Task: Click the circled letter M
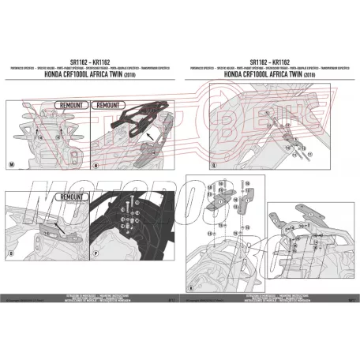11,164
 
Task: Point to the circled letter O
11,256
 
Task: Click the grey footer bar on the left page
91,290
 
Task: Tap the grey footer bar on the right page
268,290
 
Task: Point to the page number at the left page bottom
172,299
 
